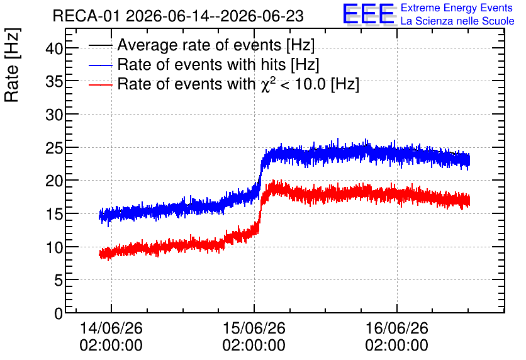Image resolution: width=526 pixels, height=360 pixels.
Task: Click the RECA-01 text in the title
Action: click(86, 16)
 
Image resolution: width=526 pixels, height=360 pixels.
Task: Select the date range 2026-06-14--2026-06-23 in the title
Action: click(215, 16)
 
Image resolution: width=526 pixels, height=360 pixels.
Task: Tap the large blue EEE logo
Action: click(369, 14)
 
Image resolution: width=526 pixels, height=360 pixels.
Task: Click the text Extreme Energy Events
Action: click(457, 8)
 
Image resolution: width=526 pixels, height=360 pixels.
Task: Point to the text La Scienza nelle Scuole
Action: click(457, 21)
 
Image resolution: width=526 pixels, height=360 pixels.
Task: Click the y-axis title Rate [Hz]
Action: click(12, 65)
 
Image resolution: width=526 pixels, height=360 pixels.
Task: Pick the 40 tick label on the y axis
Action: click(54, 49)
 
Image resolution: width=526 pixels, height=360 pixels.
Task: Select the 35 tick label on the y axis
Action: click(54, 82)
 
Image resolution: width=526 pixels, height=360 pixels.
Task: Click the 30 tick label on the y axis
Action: click(54, 115)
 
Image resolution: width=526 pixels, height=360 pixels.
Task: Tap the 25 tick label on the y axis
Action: click(54, 149)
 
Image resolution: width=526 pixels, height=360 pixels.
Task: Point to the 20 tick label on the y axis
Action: click(54, 181)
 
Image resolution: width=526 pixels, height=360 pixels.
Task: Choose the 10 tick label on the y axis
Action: click(54, 247)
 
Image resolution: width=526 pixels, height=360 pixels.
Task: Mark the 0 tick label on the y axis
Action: click(59, 313)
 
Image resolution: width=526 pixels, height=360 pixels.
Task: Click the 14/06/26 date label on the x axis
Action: click(111, 328)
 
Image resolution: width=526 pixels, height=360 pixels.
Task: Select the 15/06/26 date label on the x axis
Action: click(254, 328)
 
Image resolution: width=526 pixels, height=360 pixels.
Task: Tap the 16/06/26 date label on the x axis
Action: click(397, 328)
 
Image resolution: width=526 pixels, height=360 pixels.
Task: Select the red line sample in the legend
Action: click(101, 85)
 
